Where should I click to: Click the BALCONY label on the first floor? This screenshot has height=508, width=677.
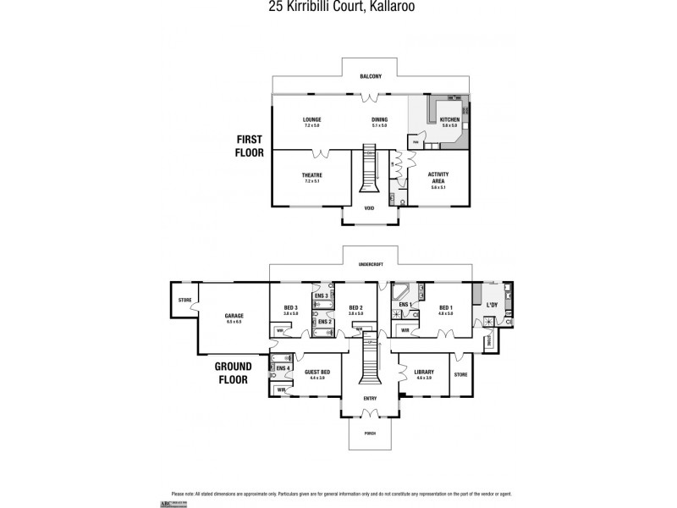(370, 76)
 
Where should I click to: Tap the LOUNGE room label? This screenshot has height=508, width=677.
(311, 120)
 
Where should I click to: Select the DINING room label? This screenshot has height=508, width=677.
(379, 120)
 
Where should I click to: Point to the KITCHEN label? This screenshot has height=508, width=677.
(449, 120)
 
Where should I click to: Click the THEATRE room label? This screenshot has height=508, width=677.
(311, 175)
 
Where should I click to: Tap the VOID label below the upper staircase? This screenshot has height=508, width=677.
(369, 207)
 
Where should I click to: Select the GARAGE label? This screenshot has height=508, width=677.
(234, 316)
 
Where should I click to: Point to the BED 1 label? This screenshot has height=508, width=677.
(446, 307)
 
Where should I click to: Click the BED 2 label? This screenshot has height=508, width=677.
(355, 307)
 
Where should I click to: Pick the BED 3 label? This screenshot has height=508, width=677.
(290, 307)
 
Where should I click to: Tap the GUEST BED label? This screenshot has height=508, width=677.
(317, 372)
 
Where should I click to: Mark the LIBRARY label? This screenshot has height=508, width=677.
(424, 372)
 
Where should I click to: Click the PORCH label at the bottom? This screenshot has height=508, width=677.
(370, 433)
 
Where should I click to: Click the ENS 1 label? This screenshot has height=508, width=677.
(405, 304)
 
